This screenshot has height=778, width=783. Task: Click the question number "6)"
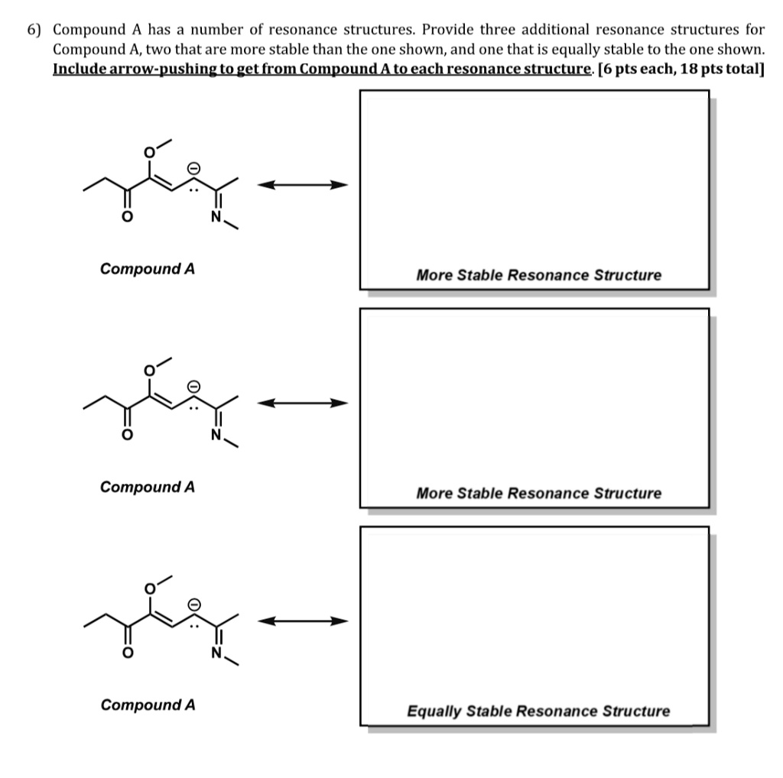coord(36,30)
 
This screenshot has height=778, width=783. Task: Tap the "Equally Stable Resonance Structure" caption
coord(538,712)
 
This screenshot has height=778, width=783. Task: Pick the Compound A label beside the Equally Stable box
coord(148,705)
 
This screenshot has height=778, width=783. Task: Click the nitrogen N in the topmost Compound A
coord(216,218)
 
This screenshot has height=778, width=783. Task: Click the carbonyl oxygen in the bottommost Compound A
coord(129,652)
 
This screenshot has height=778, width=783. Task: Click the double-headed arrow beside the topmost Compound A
coord(302,185)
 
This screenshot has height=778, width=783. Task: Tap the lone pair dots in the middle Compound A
coord(195,407)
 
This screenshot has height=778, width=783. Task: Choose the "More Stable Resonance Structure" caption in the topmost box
coord(538,275)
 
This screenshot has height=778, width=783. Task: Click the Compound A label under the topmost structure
coord(148,268)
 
